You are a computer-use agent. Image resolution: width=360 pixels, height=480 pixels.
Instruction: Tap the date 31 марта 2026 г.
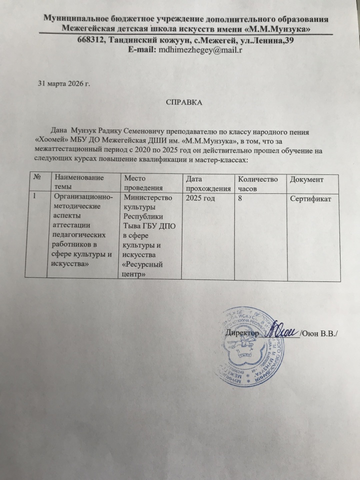(x=64, y=83)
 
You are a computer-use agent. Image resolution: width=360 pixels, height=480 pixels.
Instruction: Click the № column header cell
(x=38, y=178)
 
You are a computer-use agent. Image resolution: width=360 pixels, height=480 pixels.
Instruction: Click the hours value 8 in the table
(x=241, y=198)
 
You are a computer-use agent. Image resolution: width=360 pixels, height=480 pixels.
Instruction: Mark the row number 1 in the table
(x=35, y=198)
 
